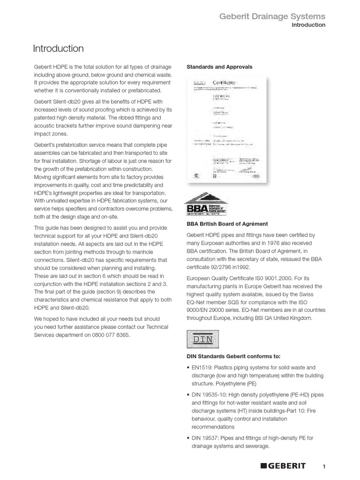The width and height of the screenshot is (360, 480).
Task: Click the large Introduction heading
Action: point(58,49)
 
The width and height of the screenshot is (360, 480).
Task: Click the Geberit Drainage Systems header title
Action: point(273,16)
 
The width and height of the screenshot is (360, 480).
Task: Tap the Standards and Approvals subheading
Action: point(219,67)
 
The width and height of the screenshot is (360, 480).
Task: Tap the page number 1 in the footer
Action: point(324,466)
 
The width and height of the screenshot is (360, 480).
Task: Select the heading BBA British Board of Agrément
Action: point(227,224)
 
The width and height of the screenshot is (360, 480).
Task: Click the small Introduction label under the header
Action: point(308,25)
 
